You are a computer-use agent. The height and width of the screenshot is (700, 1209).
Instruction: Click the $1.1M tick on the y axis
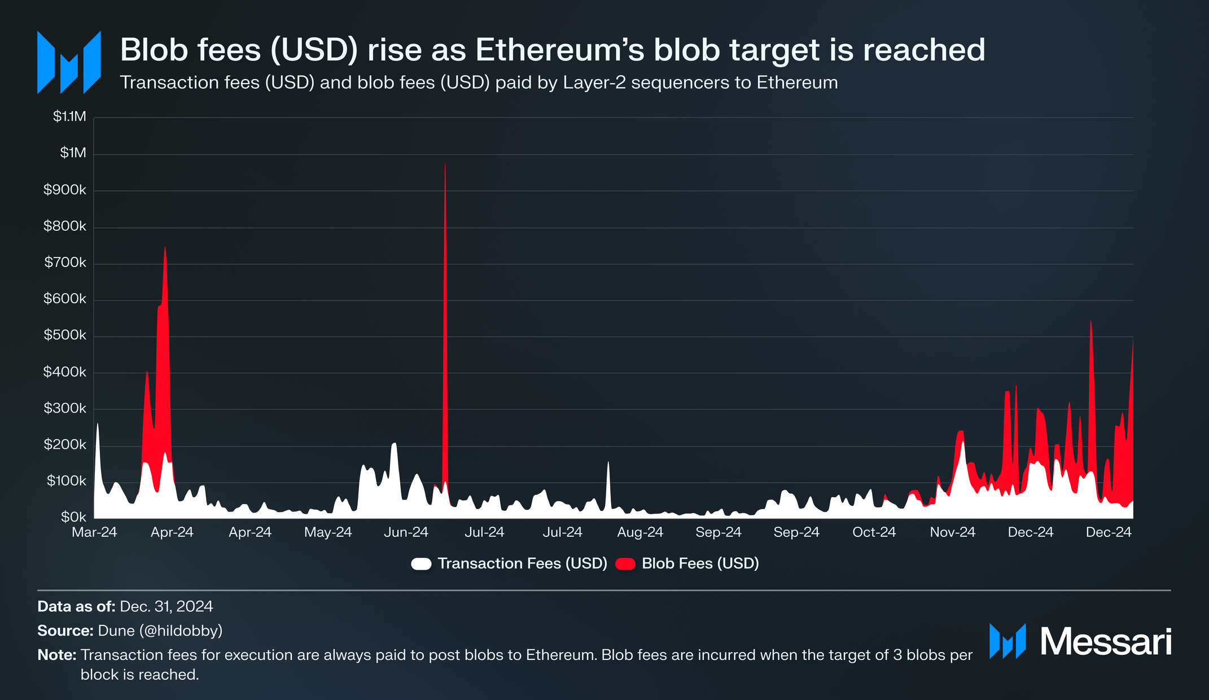[x=69, y=117]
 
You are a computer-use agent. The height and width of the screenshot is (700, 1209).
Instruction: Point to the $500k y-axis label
[x=65, y=335]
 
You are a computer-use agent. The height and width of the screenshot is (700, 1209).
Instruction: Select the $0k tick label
[x=73, y=517]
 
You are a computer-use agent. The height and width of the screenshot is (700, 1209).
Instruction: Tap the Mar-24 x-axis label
[x=94, y=532]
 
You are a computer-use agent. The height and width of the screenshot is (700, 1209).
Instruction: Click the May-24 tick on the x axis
[x=328, y=532]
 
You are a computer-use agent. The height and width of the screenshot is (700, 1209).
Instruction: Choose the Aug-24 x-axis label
[x=640, y=532]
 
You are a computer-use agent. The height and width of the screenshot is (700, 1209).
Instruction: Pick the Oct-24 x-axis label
[x=874, y=532]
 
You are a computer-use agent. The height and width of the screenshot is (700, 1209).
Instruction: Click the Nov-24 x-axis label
[x=953, y=532]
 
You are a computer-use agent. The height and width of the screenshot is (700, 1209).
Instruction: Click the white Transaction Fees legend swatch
[x=421, y=563]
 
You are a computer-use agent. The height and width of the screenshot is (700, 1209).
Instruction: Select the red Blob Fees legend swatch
[x=625, y=563]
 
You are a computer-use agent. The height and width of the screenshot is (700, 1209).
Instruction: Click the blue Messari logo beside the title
[x=69, y=62]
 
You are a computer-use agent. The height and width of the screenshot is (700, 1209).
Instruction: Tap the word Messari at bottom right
[x=1106, y=642]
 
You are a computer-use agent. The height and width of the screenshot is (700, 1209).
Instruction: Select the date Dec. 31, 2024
[x=167, y=607]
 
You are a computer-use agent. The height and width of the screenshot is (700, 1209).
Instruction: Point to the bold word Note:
[x=56, y=655]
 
